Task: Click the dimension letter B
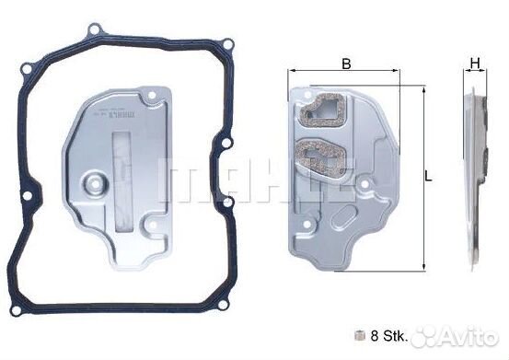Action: pos(346,64)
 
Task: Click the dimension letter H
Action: pos(475,64)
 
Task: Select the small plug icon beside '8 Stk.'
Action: pos(359,336)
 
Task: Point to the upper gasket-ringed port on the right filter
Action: pos(323,110)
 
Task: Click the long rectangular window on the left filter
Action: pos(121,180)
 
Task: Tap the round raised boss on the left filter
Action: pos(95,183)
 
